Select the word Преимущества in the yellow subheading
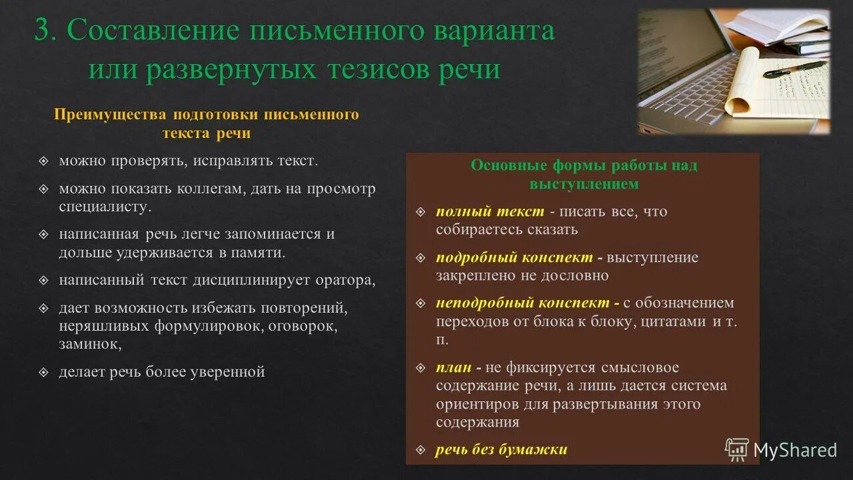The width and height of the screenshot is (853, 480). [110, 115]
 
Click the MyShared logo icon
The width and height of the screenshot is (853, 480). [736, 450]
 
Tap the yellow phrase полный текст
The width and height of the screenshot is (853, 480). [490, 211]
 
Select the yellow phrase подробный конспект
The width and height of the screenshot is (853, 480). [514, 257]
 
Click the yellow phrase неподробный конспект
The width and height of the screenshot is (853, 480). [523, 303]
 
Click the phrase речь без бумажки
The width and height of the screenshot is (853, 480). [501, 449]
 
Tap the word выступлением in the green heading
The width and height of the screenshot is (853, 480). [584, 183]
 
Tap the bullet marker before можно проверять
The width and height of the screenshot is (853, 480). [44, 161]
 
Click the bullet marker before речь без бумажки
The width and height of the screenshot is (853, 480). [421, 449]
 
